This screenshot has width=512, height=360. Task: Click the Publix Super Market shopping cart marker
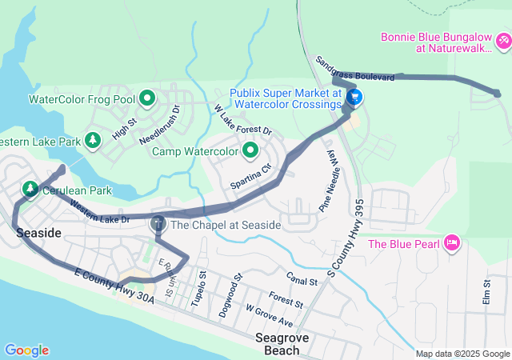(x=354, y=98)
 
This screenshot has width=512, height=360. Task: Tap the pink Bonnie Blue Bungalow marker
(x=502, y=40)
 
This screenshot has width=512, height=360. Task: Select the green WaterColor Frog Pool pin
(x=147, y=99)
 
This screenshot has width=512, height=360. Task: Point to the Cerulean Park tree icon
(x=30, y=189)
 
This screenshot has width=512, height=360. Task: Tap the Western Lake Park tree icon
(x=93, y=141)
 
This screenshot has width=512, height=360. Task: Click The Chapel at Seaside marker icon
(x=158, y=224)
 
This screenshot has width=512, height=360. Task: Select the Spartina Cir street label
(x=251, y=174)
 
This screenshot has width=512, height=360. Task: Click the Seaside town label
(x=38, y=232)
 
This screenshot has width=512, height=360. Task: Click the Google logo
(x=26, y=350)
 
